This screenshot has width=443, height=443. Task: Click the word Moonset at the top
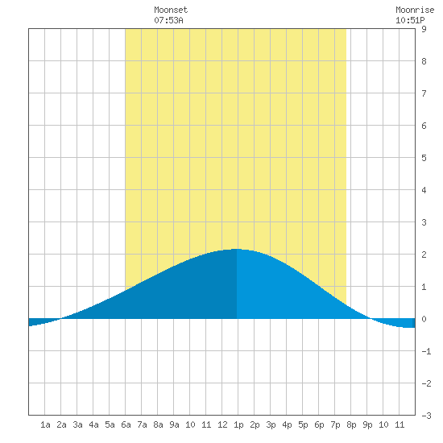[x=171, y=10]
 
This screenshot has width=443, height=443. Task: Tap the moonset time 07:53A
[x=168, y=20]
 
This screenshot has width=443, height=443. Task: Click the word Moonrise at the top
[x=415, y=10]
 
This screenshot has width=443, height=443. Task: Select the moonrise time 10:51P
[x=410, y=20]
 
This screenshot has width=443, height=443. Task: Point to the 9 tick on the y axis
[x=424, y=29]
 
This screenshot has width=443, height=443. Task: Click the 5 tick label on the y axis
[x=424, y=158]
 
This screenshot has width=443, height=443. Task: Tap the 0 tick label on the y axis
[x=424, y=319]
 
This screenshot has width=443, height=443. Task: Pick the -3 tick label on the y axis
[x=426, y=416]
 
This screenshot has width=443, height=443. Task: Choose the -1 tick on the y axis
[x=426, y=351]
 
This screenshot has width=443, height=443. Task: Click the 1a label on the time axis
[x=45, y=424]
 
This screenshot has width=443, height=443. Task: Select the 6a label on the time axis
[x=126, y=424]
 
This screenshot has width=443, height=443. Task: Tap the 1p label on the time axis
[x=238, y=424]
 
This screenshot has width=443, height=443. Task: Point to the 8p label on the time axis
[x=351, y=424]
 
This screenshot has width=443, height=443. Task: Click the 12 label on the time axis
[x=222, y=424]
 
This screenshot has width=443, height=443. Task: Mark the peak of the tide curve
[x=237, y=249]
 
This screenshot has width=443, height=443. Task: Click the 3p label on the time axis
[x=271, y=424]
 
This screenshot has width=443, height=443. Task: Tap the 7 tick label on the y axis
[x=424, y=93]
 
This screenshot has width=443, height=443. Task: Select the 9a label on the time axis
[x=174, y=424]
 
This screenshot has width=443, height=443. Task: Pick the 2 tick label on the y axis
[x=424, y=255]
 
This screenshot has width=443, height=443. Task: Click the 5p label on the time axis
[x=303, y=424]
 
